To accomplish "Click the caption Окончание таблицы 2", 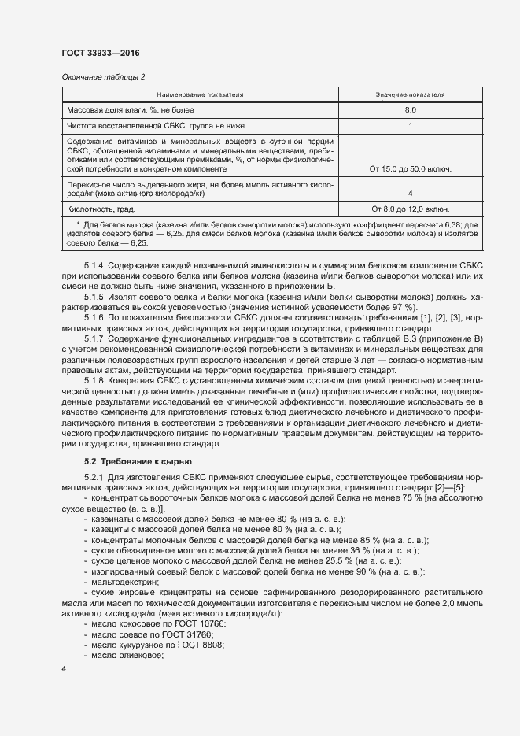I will point(103,77).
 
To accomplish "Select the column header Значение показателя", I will point(410,94).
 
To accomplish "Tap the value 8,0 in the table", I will point(411,110).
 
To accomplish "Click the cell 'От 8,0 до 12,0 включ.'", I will point(411,209).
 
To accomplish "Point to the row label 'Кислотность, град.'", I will point(101,209).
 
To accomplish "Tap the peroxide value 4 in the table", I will point(411,193).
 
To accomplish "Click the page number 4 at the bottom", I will point(64,668).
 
